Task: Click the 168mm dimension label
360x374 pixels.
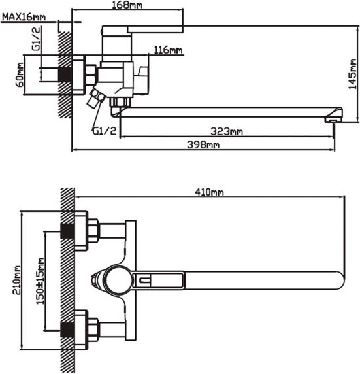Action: pos(127,5)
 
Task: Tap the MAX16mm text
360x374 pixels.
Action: pos(24,17)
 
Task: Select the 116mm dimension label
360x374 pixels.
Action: pos(169,50)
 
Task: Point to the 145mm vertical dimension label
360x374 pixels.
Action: pos(352,74)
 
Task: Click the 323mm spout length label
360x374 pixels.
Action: pos(227,131)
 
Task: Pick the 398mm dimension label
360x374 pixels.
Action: pos(203,144)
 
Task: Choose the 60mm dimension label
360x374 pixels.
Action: pos(20,75)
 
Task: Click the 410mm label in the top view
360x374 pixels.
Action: pos(209,192)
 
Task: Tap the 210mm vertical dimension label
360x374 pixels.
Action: pos(16,280)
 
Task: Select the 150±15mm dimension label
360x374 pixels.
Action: pos(40,281)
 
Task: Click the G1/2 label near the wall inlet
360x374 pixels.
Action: pos(36,38)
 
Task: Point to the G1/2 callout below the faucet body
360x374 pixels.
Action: pos(105,131)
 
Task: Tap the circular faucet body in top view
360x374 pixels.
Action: pos(118,280)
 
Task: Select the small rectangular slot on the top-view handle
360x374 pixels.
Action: pos(144,280)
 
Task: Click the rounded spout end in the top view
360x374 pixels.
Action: pos(340,280)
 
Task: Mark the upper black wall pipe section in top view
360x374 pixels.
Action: pos(67,231)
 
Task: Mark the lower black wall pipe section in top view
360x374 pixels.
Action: pos(67,330)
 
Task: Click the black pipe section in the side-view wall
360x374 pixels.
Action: pos(65,75)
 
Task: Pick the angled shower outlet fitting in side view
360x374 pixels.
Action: pos(96,97)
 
